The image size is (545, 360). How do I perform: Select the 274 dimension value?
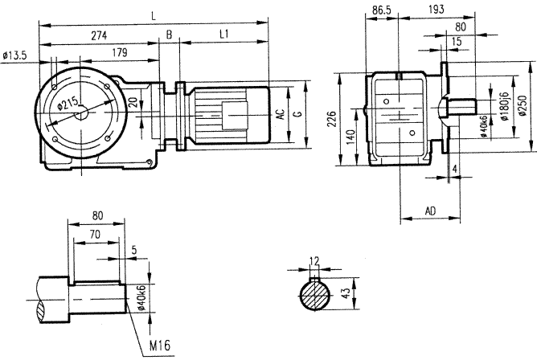tap(100, 35)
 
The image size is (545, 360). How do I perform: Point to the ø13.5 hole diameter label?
tap(15, 55)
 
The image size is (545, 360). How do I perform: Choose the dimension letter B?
tap(169, 35)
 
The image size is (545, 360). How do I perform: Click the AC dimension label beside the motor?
tap(280, 115)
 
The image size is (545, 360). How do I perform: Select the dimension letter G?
tap(297, 115)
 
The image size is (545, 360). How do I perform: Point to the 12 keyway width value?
tap(314, 261)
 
